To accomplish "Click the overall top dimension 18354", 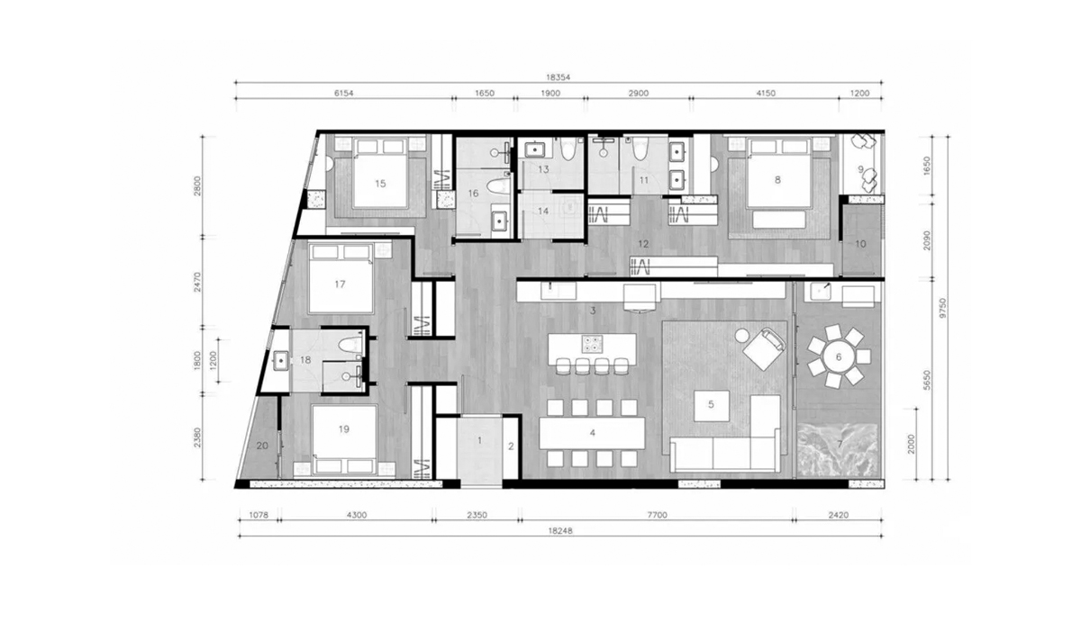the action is pyautogui.click(x=559, y=77).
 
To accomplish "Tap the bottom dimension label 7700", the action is pyautogui.click(x=657, y=515).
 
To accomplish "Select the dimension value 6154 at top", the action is pyautogui.click(x=343, y=93).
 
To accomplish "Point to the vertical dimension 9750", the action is pyautogui.click(x=943, y=308).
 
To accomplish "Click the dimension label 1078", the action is pyautogui.click(x=259, y=515).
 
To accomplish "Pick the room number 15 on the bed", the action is pyautogui.click(x=380, y=183).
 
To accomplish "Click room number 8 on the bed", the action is pyautogui.click(x=777, y=180).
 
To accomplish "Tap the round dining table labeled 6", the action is pyautogui.click(x=839, y=357).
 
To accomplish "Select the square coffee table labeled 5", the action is pyautogui.click(x=711, y=404).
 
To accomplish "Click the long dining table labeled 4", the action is pyautogui.click(x=592, y=433).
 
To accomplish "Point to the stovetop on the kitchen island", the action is pyautogui.click(x=592, y=344).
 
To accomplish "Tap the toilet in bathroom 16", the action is pyautogui.click(x=497, y=186).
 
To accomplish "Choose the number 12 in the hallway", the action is pyautogui.click(x=643, y=245).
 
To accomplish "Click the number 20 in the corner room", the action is pyautogui.click(x=262, y=446).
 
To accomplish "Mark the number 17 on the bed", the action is pyautogui.click(x=340, y=284).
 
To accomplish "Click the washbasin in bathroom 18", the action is pyautogui.click(x=281, y=361).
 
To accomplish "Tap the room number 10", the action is pyautogui.click(x=860, y=244).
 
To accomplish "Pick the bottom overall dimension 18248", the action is pyautogui.click(x=559, y=531).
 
